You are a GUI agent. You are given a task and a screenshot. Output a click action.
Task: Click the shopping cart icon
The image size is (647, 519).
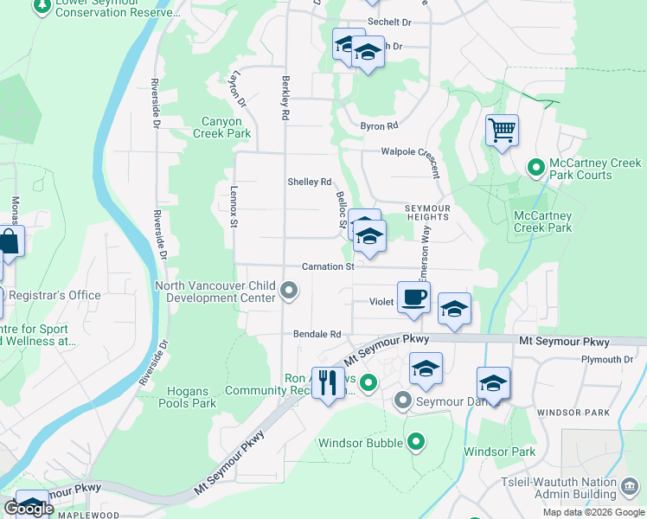click(x=502, y=131)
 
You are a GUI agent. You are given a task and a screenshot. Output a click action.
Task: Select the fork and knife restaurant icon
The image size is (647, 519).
click(x=328, y=381)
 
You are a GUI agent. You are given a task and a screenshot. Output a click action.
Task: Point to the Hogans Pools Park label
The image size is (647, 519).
click(x=188, y=397)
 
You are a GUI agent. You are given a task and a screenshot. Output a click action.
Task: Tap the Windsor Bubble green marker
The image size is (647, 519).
click(x=416, y=443)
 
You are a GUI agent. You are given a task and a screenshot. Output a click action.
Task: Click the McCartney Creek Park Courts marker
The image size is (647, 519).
click(x=535, y=166)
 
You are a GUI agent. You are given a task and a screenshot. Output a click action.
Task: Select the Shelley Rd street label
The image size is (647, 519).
click(x=310, y=182)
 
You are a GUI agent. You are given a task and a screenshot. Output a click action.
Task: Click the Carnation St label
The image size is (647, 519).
click(x=328, y=267)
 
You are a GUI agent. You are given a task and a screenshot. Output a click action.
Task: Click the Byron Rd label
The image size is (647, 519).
click(x=379, y=126)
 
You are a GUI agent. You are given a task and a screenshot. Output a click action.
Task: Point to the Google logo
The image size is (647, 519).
click(x=29, y=509)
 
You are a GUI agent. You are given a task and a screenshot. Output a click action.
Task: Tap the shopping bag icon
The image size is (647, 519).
click(x=10, y=242)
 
